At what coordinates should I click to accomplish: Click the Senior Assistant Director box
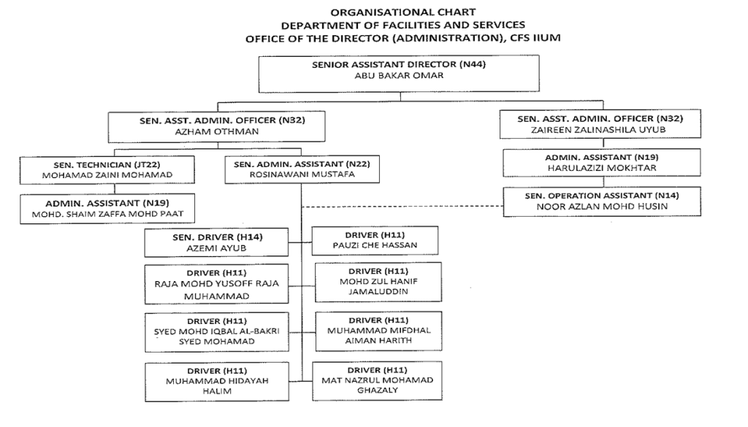[x=399, y=69]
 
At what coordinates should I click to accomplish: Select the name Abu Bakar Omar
[x=399, y=76]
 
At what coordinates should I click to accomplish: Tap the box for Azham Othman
[x=216, y=127]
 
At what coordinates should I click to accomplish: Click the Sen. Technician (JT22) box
[x=107, y=169]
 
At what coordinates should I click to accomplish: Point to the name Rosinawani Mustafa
[x=301, y=175]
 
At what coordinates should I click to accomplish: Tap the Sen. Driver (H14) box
[x=217, y=242]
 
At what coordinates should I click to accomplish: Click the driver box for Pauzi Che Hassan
[x=375, y=240]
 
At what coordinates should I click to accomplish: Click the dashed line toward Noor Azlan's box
[x=402, y=206]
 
